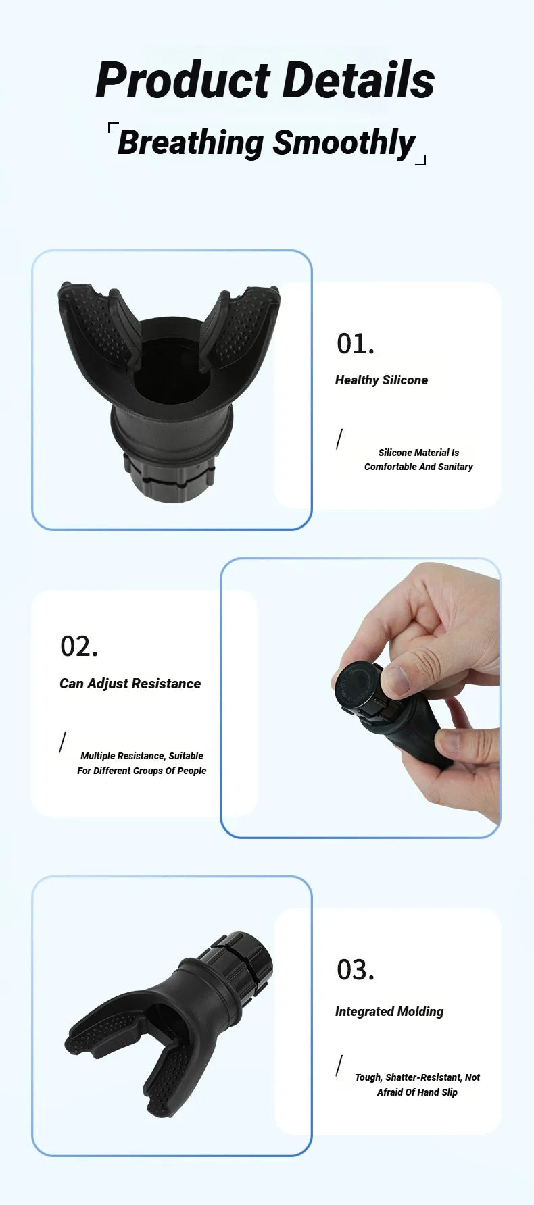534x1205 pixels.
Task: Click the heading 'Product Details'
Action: [x=265, y=80]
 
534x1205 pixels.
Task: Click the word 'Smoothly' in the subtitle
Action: [x=344, y=143]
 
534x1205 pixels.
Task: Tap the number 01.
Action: [x=355, y=344]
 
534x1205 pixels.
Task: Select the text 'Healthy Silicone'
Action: [x=381, y=380]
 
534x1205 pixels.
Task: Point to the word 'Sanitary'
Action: [x=455, y=467]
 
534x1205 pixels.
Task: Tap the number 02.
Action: [x=79, y=646]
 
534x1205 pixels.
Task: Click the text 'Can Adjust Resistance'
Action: [x=130, y=684]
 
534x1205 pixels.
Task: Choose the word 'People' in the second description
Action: [x=192, y=771]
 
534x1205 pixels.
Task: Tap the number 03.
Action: [x=355, y=970]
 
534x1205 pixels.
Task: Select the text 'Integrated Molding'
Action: [x=389, y=1012]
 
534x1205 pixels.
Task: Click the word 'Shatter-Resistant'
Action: [x=423, y=1077]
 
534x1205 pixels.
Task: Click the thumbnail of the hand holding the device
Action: [x=360, y=698]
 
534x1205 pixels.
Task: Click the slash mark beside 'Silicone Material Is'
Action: [x=339, y=439]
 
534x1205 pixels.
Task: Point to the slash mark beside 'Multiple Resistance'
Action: [x=63, y=742]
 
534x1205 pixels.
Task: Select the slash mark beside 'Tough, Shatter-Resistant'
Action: [x=339, y=1065]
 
